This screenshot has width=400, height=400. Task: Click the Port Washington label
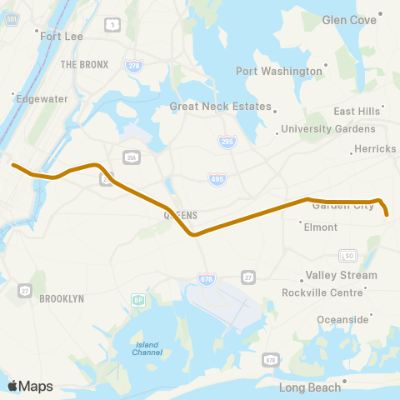[x=279, y=71]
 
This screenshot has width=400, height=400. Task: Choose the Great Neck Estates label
[x=221, y=106]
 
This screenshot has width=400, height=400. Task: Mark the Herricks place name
[x=375, y=148]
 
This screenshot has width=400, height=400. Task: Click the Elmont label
[x=321, y=227]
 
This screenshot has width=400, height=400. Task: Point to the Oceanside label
[x=342, y=319]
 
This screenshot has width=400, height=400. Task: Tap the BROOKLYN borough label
[x=62, y=298]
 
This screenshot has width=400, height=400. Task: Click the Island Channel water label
[x=147, y=348]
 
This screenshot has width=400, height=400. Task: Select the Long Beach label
[x=310, y=387]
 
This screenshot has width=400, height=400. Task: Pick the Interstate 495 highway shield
[x=216, y=179]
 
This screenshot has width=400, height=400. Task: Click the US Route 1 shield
[x=111, y=26]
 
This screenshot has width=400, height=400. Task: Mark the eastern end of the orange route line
[x=388, y=215]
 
